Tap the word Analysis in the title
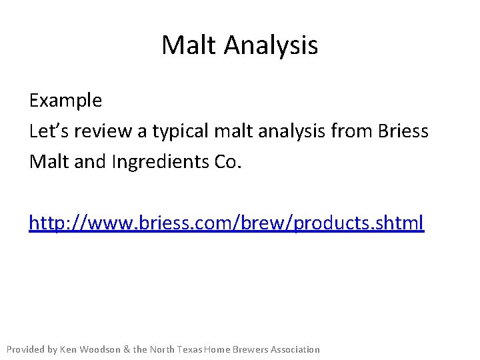271,45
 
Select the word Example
65,101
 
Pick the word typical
181,131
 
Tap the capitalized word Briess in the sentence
403,131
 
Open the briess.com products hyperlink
227,223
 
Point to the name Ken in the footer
69,349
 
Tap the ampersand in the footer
127,349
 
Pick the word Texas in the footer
190,349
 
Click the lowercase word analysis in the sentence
292,131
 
